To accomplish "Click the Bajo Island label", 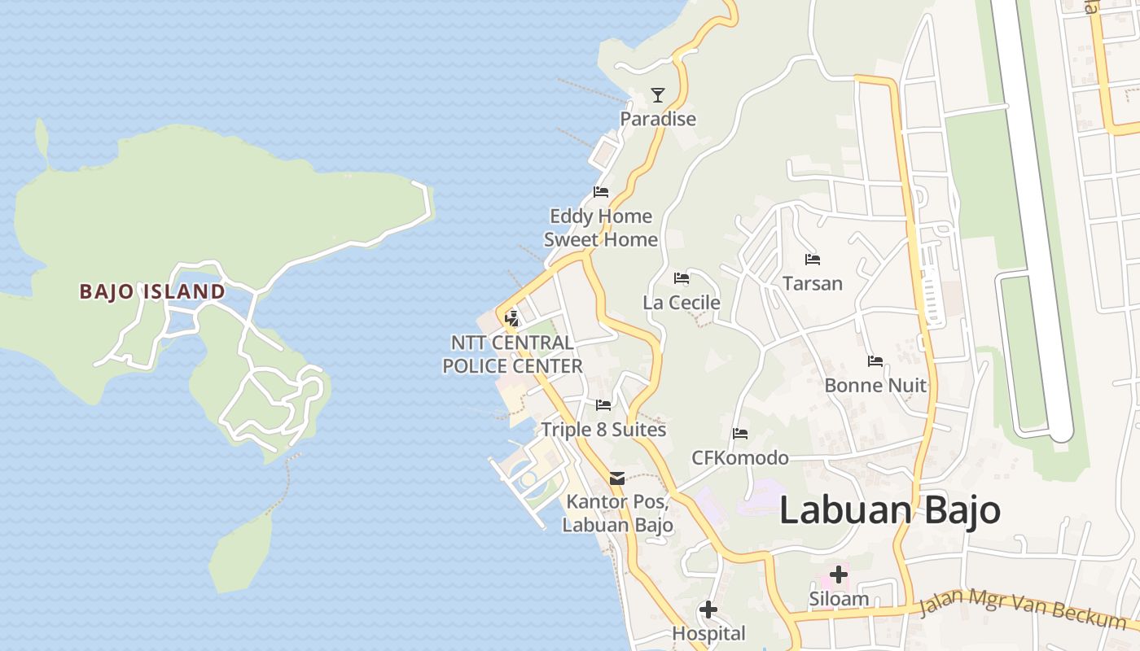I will tap(152, 291).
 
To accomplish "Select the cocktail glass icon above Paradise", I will tap(657, 95).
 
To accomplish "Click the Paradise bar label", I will tap(658, 119).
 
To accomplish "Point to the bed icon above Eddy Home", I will tap(601, 193).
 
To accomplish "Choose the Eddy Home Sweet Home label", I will tap(601, 228).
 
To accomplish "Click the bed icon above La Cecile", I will tap(682, 279).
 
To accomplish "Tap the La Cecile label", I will tap(682, 303).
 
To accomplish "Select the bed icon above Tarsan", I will tap(812, 260).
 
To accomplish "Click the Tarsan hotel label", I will tap(812, 283).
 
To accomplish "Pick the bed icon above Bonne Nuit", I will tap(875, 361).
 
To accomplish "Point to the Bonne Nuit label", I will tap(875, 385).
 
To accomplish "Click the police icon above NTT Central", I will tap(512, 318).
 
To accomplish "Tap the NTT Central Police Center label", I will tap(512, 354).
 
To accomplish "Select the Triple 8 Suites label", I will tap(603, 430).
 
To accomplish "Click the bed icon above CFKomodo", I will tap(739, 434).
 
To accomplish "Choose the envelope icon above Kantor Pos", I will tap(617, 478).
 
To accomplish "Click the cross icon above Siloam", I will tap(838, 575).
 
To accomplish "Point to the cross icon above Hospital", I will tap(708, 609).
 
